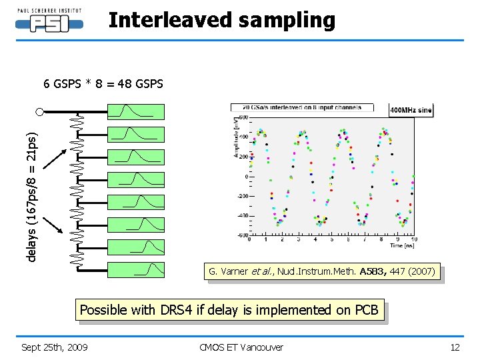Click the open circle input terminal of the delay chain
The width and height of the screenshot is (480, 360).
click(x=40, y=111)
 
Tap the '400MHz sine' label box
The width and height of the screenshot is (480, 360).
click(x=411, y=110)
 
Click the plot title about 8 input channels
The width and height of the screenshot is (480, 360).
click(x=301, y=107)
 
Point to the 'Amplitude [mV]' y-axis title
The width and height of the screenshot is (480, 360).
click(x=236, y=138)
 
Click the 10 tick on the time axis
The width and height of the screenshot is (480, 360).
click(x=414, y=239)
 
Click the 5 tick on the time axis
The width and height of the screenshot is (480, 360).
click(x=332, y=239)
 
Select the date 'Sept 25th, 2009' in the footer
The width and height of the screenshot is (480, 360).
click(x=55, y=347)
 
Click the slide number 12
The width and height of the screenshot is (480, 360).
click(x=455, y=347)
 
